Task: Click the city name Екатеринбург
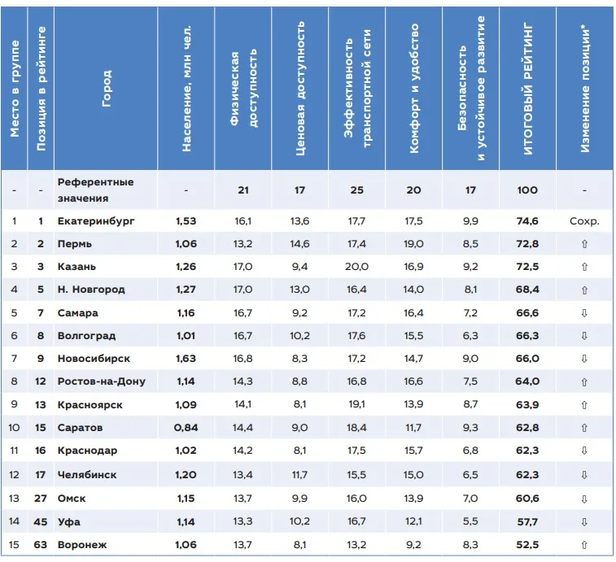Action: point(96,220)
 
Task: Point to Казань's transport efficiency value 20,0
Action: point(356,266)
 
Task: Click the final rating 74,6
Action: point(527,220)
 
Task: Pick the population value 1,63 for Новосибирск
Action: point(186,358)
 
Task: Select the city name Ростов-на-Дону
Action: point(101,381)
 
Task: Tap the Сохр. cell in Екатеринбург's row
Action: point(584,220)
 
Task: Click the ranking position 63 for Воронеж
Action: point(41,544)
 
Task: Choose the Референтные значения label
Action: point(95,190)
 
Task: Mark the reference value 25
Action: point(356,190)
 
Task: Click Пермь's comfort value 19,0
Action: point(413,243)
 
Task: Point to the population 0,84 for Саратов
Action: point(186,428)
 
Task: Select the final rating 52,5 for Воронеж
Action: point(527,544)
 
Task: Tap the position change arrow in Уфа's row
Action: point(584,521)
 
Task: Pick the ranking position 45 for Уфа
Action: point(41,521)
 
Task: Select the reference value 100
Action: point(527,190)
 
